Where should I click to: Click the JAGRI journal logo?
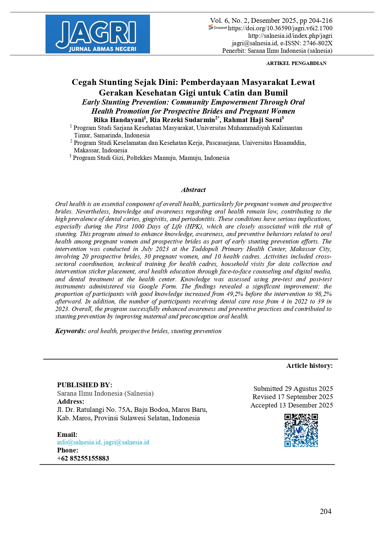coord(98,34)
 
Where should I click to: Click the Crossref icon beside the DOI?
coord(218,28)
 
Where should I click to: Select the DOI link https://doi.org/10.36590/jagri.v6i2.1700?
coord(280,28)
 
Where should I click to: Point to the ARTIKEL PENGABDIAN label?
coord(296,63)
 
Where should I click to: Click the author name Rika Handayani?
coord(119,120)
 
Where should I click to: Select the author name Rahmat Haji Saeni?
coord(252,120)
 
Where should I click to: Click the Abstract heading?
coord(193,190)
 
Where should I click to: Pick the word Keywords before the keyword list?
coord(70,331)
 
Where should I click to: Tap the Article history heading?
coord(309,366)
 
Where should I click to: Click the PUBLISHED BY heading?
coord(85,385)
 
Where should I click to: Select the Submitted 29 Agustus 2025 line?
coord(293,389)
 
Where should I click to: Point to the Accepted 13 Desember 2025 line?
coord(292,405)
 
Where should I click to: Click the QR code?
coord(301,430)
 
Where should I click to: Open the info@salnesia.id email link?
coord(79,442)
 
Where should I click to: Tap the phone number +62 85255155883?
coord(83,458)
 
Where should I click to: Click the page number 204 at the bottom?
coord(326,511)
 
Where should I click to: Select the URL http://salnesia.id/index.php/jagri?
coord(290,36)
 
